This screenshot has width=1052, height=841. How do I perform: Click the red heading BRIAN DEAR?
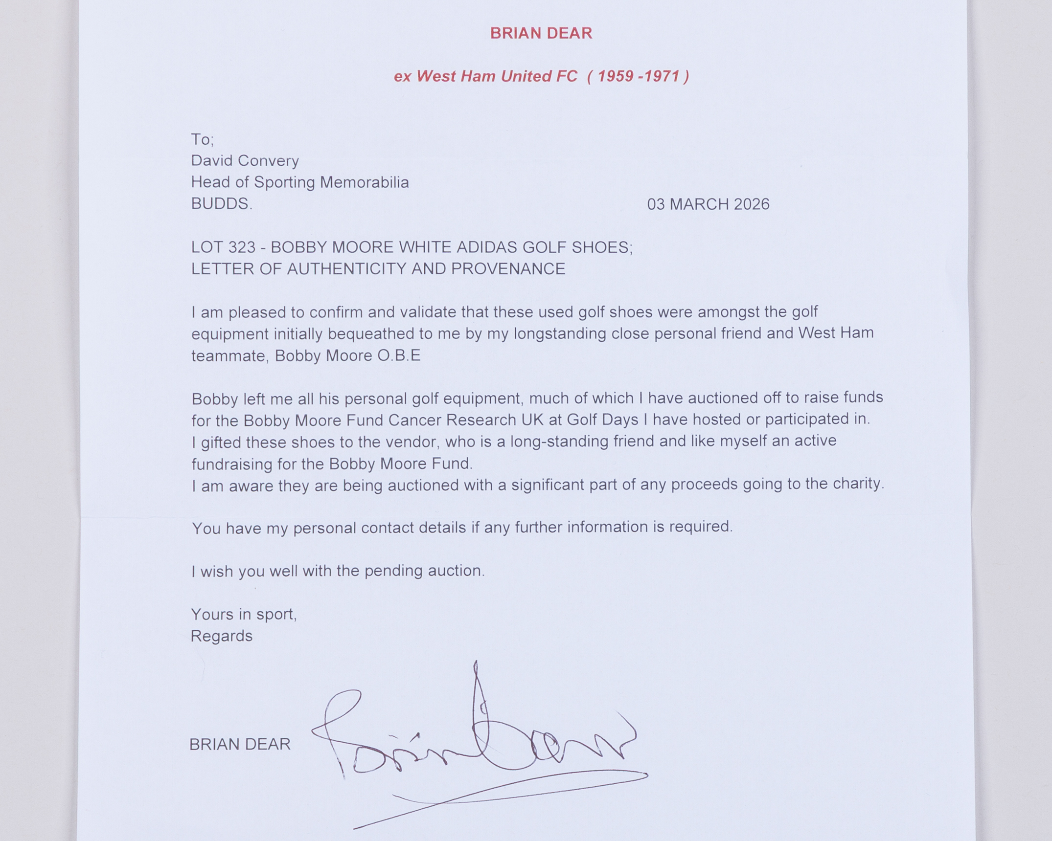pyautogui.click(x=541, y=33)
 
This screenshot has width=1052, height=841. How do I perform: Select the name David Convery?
pyautogui.click(x=245, y=160)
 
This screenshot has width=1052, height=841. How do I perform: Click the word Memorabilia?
pyautogui.click(x=364, y=182)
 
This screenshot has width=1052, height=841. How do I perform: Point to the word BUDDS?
pyautogui.click(x=221, y=204)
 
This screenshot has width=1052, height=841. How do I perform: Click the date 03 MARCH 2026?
pyautogui.click(x=708, y=204)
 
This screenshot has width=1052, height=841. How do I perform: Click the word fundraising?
pyautogui.click(x=232, y=464)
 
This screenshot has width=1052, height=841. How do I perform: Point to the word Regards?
pyautogui.click(x=221, y=636)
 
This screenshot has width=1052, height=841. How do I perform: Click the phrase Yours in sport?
pyautogui.click(x=244, y=614)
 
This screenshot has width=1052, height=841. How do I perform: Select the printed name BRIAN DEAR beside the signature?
pyautogui.click(x=240, y=744)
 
